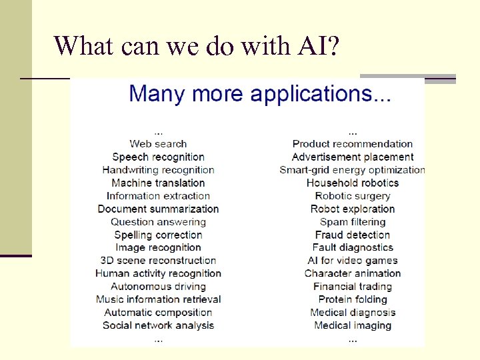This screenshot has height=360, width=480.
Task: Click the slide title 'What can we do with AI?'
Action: point(197,45)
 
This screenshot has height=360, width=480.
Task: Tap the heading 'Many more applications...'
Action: point(260,93)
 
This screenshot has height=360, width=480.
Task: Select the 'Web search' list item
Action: point(158,143)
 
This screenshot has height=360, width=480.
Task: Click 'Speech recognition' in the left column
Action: point(158,157)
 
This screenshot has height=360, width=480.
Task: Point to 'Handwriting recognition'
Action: point(158,170)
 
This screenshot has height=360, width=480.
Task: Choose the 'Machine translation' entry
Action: point(158,183)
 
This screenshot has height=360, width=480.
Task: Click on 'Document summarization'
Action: point(158,209)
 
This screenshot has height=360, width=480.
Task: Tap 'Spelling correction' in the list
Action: point(158,235)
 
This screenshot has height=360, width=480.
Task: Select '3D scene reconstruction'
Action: point(158,260)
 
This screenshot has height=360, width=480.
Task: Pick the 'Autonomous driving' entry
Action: point(158,287)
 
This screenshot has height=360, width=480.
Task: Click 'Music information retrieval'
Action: point(158,299)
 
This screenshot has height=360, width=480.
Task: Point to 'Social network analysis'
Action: point(158,325)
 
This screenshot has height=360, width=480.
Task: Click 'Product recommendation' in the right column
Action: point(353,143)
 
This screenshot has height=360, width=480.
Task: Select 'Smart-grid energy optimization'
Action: point(353,170)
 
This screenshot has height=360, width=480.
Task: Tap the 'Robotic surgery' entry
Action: point(353,196)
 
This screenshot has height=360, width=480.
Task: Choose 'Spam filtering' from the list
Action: point(353,222)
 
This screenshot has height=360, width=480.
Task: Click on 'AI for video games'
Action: point(353,261)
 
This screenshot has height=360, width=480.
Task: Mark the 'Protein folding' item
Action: point(353,299)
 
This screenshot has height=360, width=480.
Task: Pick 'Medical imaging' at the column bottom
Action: point(353,325)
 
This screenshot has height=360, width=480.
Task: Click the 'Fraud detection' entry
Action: point(353,235)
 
